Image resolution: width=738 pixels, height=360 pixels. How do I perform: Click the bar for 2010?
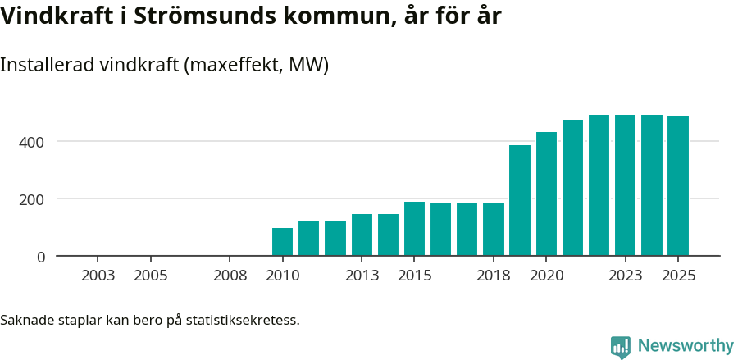pyautogui.click(x=282, y=242)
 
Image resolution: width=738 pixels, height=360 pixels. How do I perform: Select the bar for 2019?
pyautogui.click(x=520, y=201)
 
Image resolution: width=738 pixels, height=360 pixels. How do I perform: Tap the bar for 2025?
pyautogui.click(x=678, y=186)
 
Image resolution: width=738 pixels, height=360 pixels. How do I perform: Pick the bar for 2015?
pyautogui.click(x=414, y=229)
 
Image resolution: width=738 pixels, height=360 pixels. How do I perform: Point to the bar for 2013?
pyautogui.click(x=362, y=235)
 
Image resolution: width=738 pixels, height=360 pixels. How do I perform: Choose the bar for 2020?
pyautogui.click(x=546, y=194)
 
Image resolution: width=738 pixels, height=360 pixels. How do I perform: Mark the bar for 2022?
pyautogui.click(x=599, y=185)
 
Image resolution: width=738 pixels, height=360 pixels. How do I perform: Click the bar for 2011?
pyautogui.click(x=308, y=239)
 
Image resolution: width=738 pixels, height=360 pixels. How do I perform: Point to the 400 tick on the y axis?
pyautogui.click(x=34, y=142)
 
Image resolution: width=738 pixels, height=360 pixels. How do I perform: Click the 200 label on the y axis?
pyautogui.click(x=34, y=199)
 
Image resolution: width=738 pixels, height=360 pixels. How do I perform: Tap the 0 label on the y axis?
pyautogui.click(x=40, y=257)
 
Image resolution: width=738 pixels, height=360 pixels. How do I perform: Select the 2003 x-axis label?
pyautogui.click(x=98, y=276)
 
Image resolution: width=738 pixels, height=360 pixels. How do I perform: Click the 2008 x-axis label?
pyautogui.click(x=230, y=276)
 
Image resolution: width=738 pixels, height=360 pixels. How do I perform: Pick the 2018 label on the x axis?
pyautogui.click(x=493, y=276)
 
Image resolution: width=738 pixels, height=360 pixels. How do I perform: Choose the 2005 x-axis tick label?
pyautogui.click(x=150, y=276)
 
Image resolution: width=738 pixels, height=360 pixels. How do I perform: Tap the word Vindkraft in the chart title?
pyautogui.click(x=52, y=16)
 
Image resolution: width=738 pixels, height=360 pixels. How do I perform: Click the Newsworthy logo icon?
pyautogui.click(x=621, y=346)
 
